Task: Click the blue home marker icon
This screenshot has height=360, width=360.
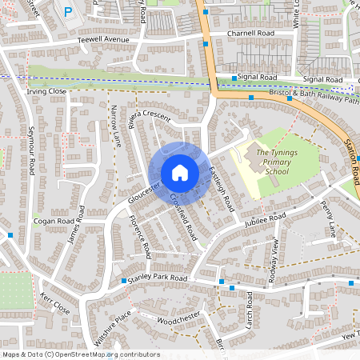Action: coord(180,172)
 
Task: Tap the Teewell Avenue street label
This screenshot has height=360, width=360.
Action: coord(103,39)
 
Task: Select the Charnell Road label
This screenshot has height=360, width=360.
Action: coord(250,34)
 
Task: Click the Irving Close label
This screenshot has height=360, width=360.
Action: coord(46,92)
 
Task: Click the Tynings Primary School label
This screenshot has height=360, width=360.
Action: coord(273,160)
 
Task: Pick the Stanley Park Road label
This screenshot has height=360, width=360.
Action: coord(158,278)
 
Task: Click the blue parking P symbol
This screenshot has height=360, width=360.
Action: coord(67,12)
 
